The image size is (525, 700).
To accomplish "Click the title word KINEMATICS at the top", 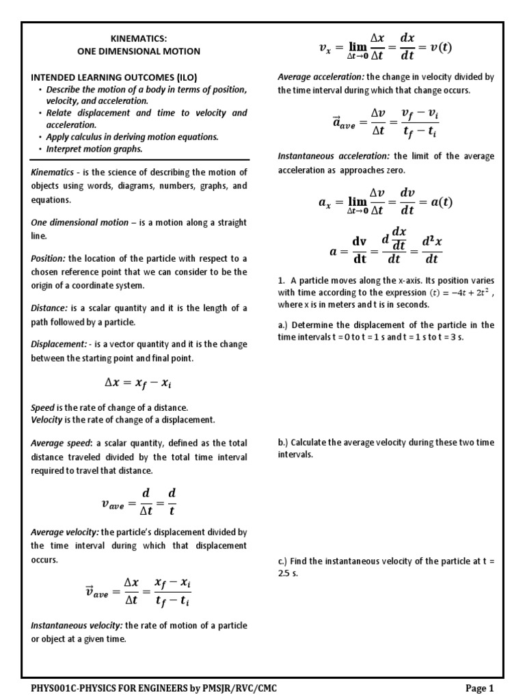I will click(x=139, y=39).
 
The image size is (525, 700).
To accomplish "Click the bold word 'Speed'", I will click(x=42, y=407).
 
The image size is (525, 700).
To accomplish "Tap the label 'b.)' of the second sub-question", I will click(x=284, y=443).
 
